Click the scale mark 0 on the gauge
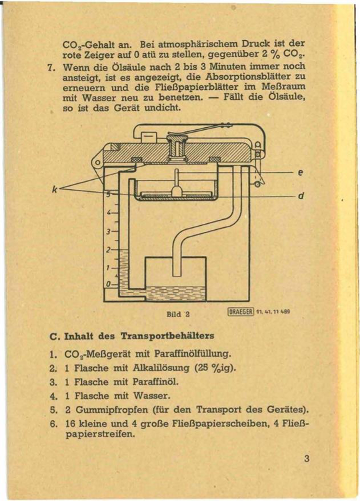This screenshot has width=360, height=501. click(x=107, y=284)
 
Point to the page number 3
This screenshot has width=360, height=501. click(x=306, y=458)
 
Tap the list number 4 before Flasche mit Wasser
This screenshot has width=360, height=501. click(x=51, y=394)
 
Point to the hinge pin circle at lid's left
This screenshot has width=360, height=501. click(x=98, y=163)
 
